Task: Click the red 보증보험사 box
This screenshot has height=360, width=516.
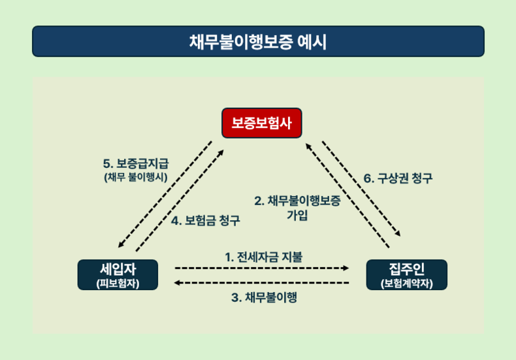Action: [x=262, y=123]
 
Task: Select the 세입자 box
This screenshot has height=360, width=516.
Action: [x=118, y=275]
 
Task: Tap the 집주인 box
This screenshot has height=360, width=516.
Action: [x=406, y=275]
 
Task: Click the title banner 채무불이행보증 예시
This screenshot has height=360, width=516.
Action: [x=258, y=41]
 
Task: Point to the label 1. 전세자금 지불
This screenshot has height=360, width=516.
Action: [x=264, y=257]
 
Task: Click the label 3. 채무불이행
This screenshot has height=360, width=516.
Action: [x=264, y=297]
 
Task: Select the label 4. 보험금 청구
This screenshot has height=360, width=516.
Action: [x=206, y=220]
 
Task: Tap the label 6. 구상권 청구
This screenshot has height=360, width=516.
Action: [x=398, y=178]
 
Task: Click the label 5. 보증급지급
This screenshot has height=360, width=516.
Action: [x=136, y=163]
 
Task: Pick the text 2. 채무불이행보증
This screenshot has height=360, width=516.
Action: [x=297, y=201]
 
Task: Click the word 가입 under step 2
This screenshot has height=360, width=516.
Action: [x=297, y=215]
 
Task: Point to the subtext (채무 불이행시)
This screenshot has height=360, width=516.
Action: [x=136, y=177]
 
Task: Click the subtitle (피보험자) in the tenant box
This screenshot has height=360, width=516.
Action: [x=118, y=284]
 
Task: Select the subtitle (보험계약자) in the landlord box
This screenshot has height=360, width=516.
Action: [x=406, y=284]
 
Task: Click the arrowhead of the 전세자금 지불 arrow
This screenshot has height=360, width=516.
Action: [x=346, y=268]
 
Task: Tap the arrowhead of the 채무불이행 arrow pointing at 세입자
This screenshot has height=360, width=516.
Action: [x=177, y=283]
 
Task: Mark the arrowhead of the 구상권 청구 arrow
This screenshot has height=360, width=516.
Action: [x=398, y=233]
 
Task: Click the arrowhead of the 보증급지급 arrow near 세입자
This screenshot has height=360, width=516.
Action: [x=121, y=244]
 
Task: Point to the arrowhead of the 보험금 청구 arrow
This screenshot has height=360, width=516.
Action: [x=221, y=153]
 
